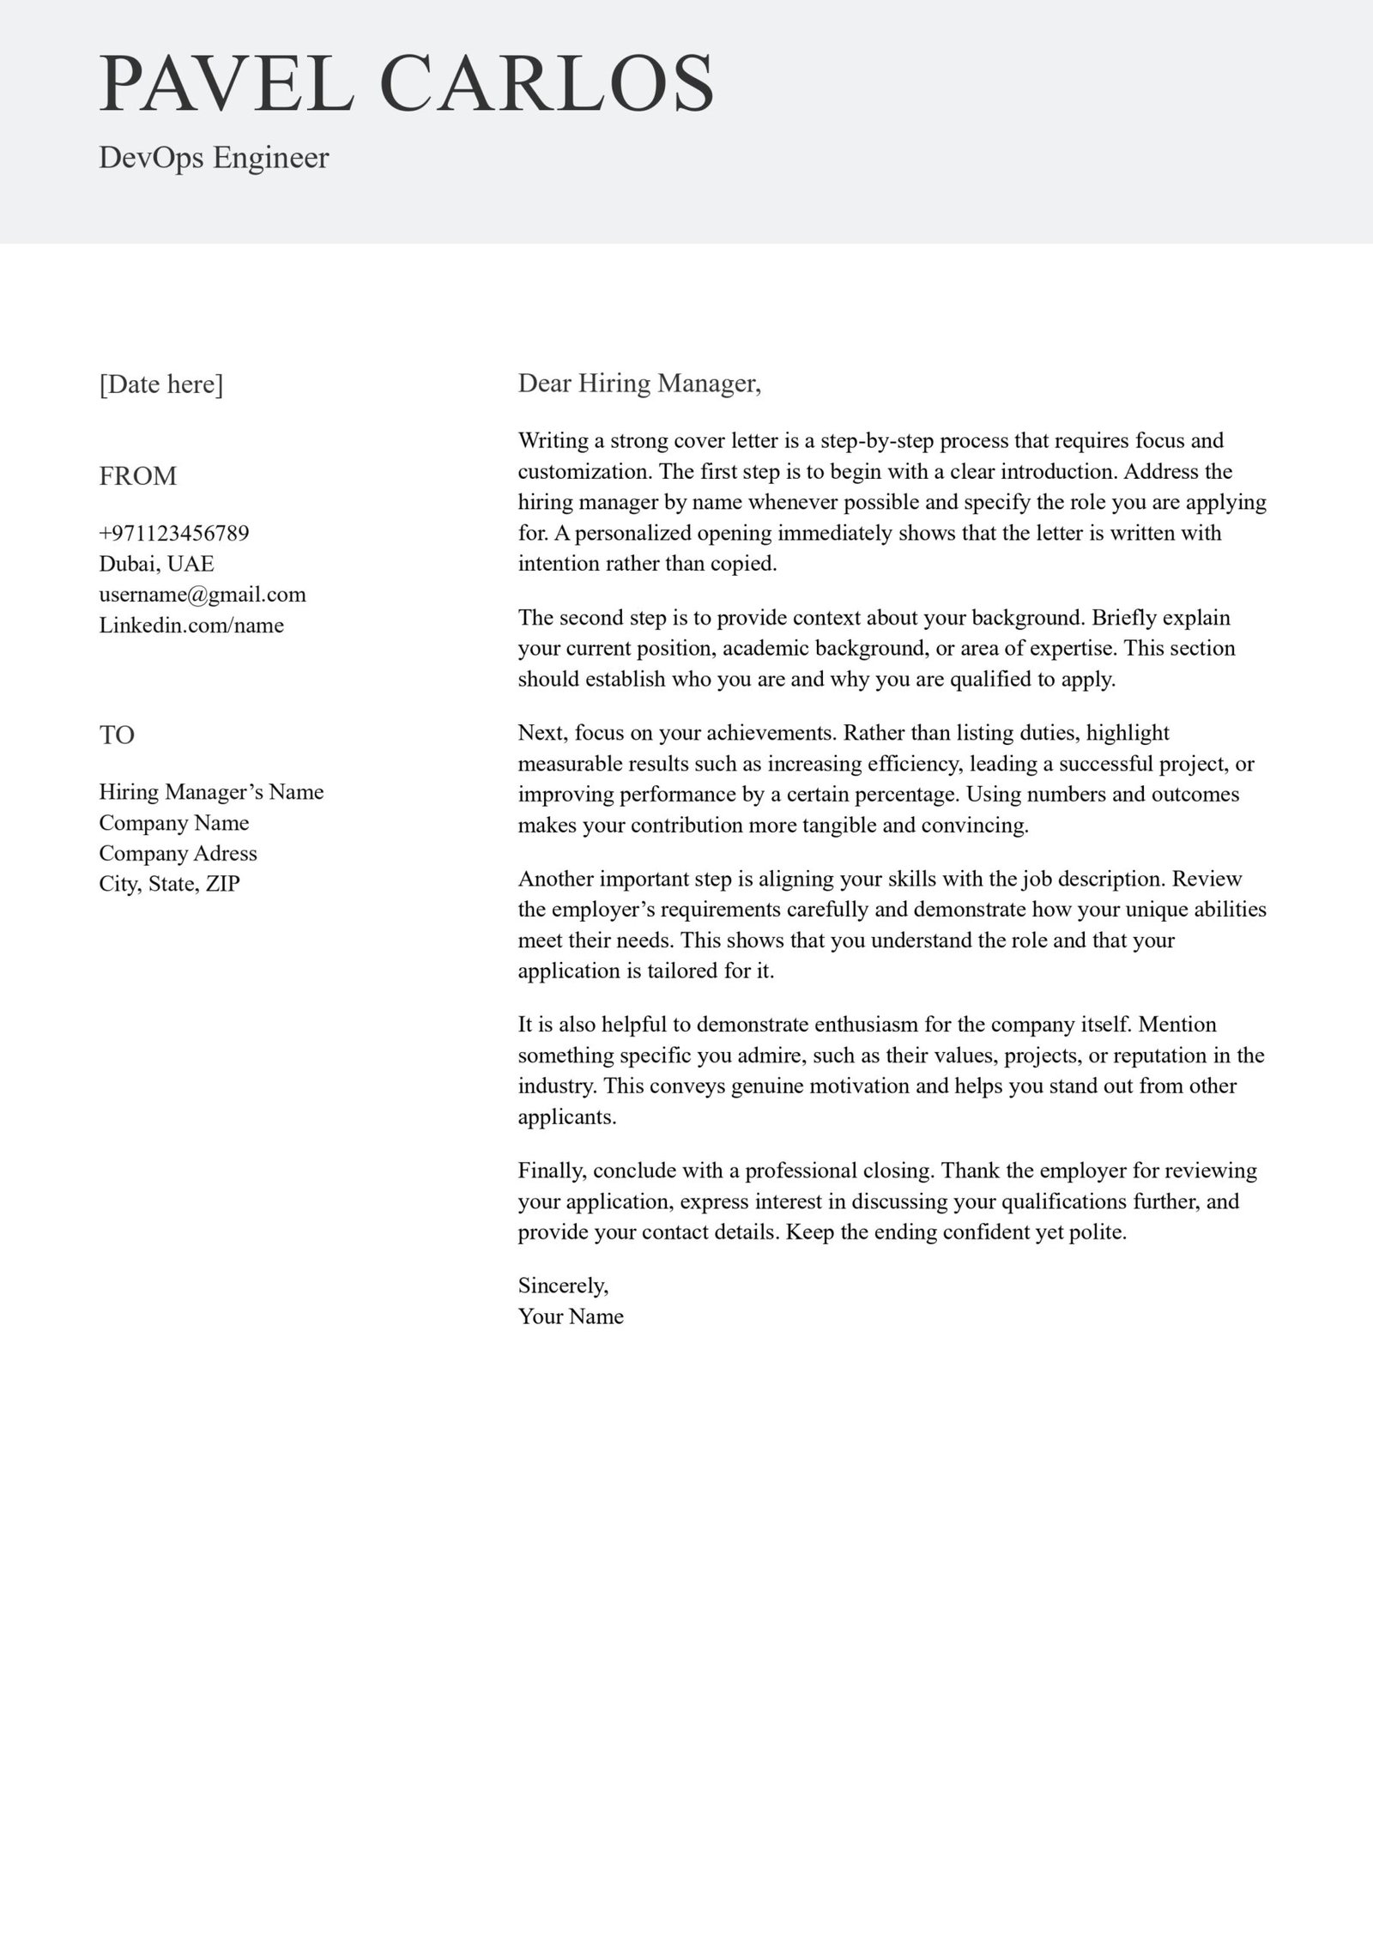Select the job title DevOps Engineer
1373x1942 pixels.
point(214,158)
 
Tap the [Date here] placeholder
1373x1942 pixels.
point(161,384)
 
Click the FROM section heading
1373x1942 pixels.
point(138,475)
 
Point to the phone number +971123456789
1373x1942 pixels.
point(174,533)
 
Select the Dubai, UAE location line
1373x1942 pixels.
point(156,564)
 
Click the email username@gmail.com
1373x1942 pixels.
point(203,594)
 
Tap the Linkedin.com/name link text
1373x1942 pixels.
point(191,625)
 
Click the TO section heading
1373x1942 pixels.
point(117,735)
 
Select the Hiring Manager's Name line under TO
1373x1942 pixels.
point(211,791)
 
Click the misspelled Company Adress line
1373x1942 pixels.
point(178,853)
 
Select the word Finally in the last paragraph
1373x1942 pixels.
point(552,1171)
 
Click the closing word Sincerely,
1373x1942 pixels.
point(563,1286)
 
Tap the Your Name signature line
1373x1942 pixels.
point(571,1316)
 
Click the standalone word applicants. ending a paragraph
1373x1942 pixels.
point(567,1117)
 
